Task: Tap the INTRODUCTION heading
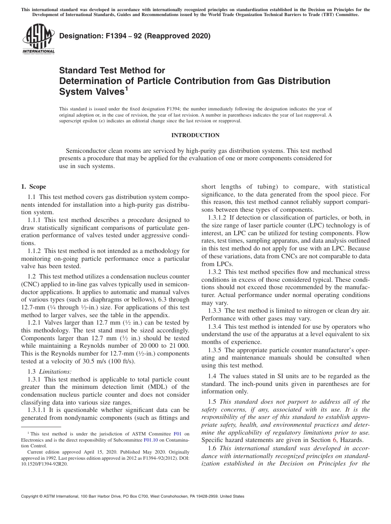coord(195,135)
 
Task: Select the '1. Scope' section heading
coord(34,187)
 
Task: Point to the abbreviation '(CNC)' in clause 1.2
coord(30,284)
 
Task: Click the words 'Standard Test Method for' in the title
coord(112,70)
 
